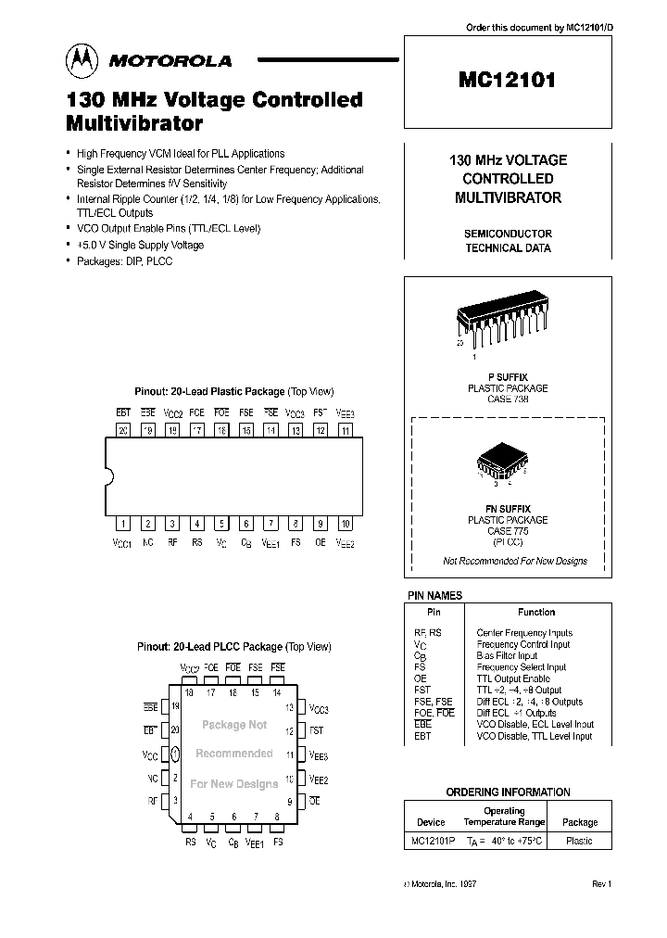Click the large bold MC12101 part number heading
(507, 81)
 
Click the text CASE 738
(507, 399)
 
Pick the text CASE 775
(507, 530)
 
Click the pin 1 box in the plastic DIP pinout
(122, 523)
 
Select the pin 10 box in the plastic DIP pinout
(345, 523)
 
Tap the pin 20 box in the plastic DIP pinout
(122, 429)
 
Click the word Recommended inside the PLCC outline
(233, 754)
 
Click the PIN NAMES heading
(434, 596)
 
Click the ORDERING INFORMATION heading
(508, 792)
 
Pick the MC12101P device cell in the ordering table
(431, 841)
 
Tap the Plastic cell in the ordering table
(579, 841)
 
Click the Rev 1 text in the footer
(601, 885)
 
